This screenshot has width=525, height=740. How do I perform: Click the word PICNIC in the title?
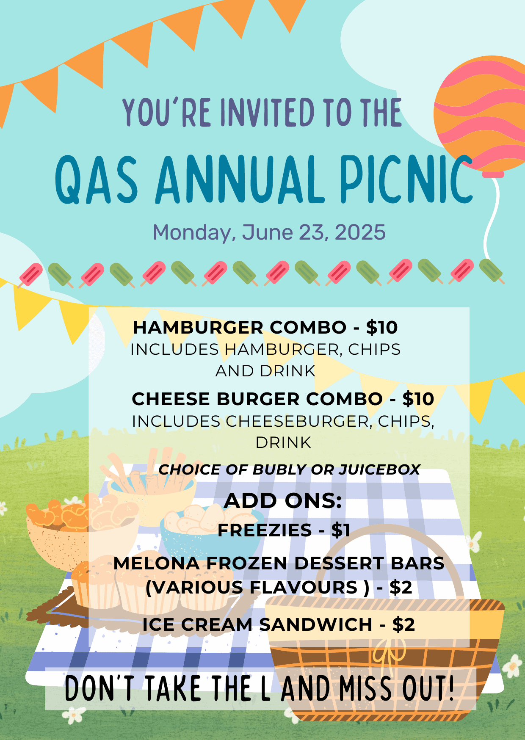(406, 179)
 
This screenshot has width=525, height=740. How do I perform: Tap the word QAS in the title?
(97, 179)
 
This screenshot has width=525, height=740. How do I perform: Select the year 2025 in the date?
(360, 232)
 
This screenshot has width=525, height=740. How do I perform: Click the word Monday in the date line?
(193, 233)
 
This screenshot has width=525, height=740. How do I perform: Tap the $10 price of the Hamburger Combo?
(382, 327)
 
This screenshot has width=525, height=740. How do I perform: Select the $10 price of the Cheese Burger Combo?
(418, 399)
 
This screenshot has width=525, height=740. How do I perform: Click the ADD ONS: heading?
(283, 501)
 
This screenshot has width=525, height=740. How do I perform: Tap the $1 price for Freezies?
(341, 530)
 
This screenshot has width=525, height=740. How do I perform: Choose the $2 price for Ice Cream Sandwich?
(403, 624)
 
